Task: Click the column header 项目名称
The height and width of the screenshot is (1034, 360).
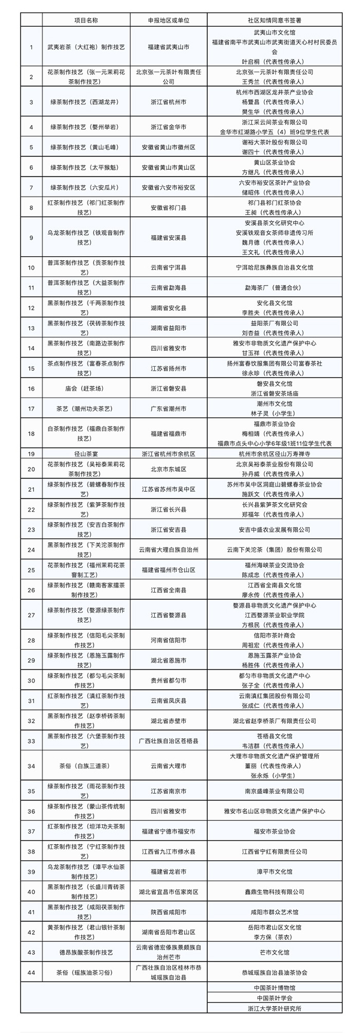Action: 86,20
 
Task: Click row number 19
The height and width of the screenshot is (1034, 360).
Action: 31,454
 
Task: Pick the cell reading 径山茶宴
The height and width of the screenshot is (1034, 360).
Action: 86,454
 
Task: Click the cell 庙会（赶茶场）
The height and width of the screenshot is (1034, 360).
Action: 86,388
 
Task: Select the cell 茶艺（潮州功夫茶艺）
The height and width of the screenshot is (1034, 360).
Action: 86,408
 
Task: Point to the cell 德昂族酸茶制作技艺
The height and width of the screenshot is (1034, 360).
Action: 86,952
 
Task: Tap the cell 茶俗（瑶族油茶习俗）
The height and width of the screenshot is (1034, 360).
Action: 86,972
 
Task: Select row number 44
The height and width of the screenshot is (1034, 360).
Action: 31,972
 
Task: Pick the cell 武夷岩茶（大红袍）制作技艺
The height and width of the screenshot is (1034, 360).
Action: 86,47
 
